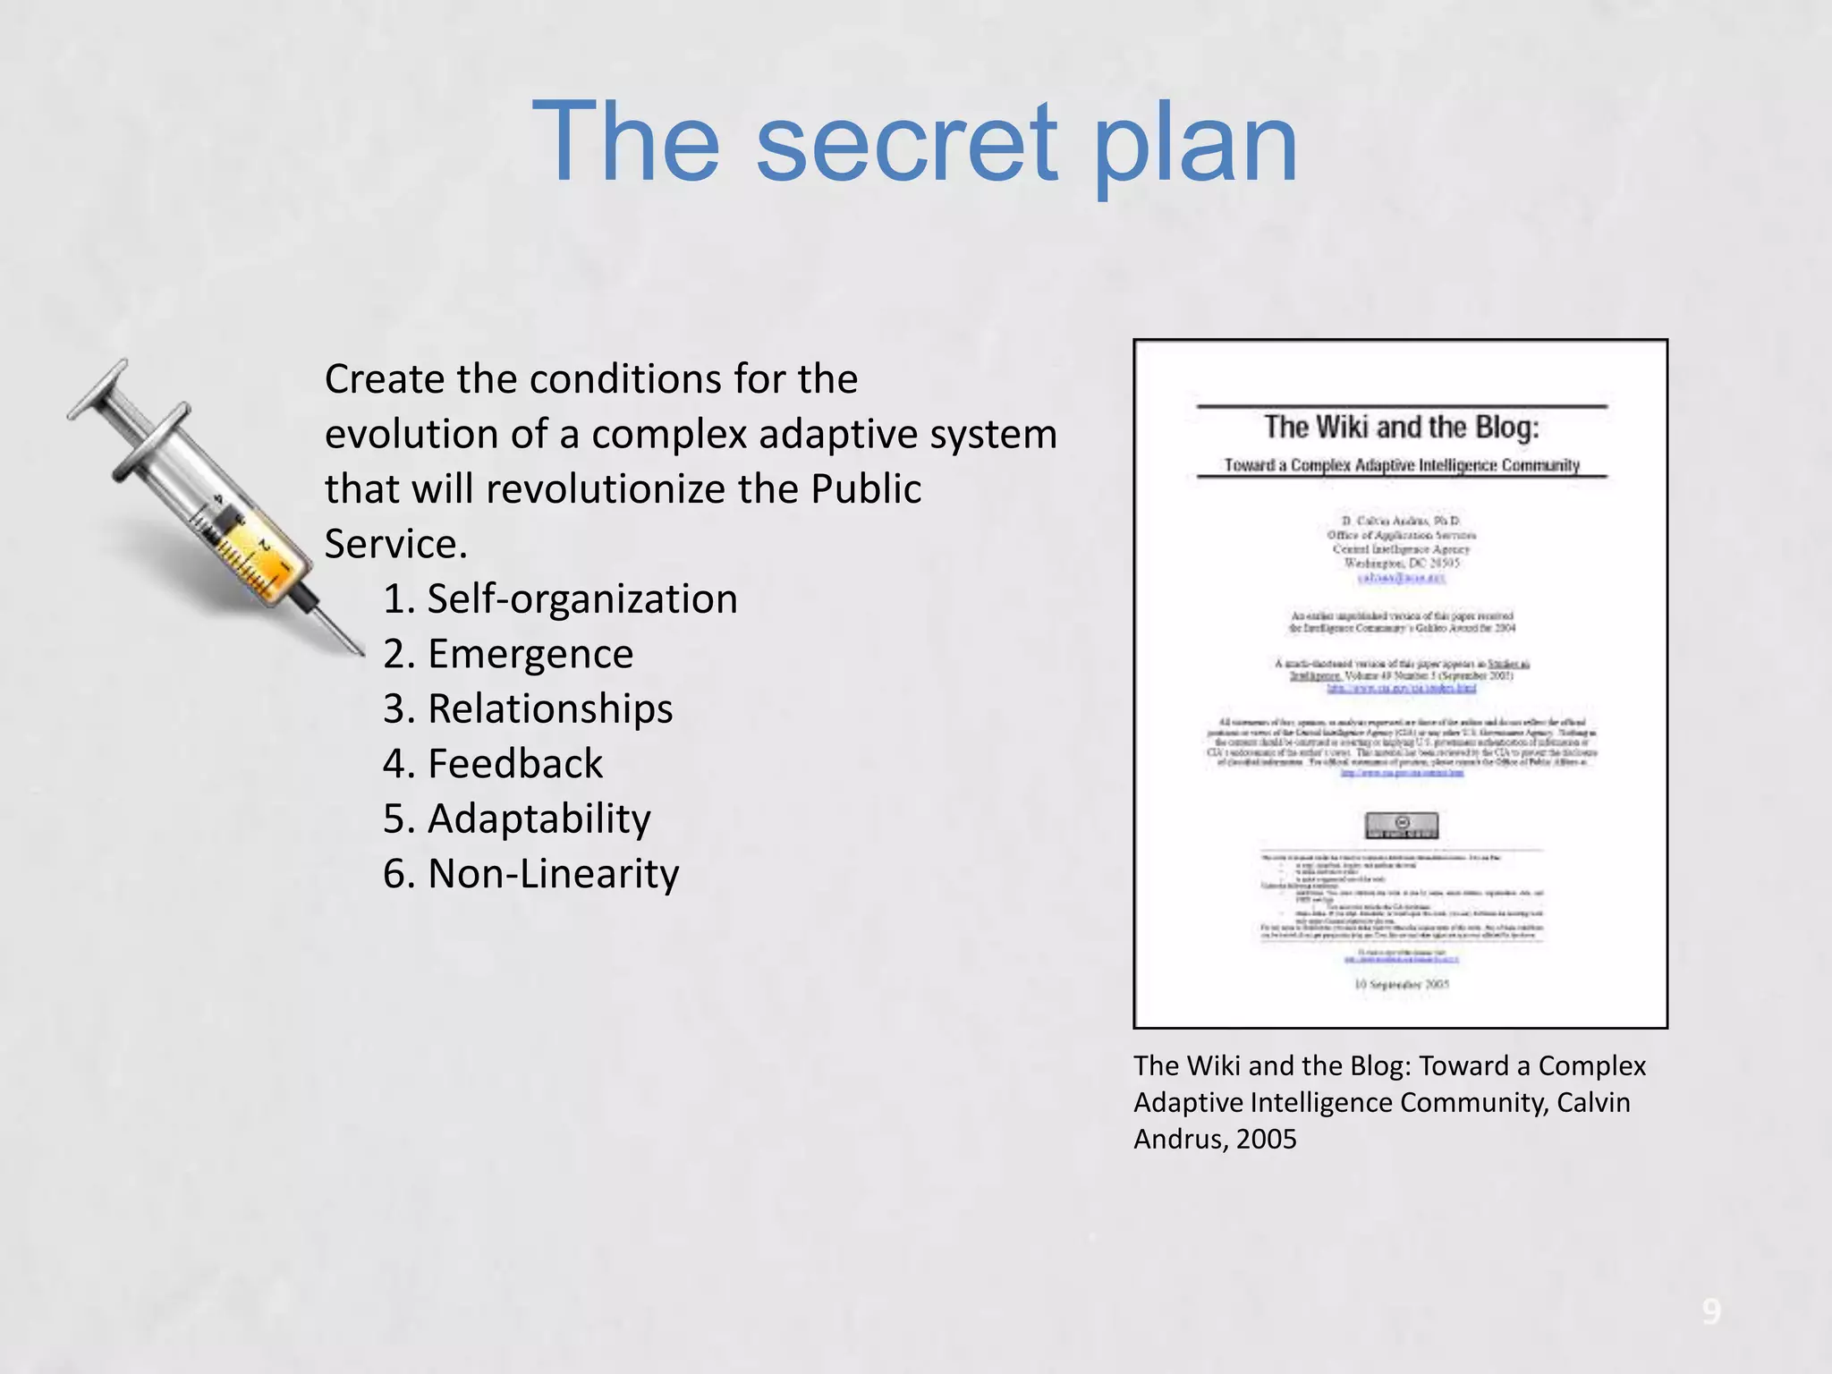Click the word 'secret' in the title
click(905, 143)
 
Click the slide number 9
click(1710, 1311)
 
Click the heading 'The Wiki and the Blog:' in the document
click(1401, 428)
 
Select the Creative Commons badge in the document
click(1401, 825)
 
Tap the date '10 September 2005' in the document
click(1401, 984)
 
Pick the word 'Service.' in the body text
click(395, 544)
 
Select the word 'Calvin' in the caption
click(1593, 1102)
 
